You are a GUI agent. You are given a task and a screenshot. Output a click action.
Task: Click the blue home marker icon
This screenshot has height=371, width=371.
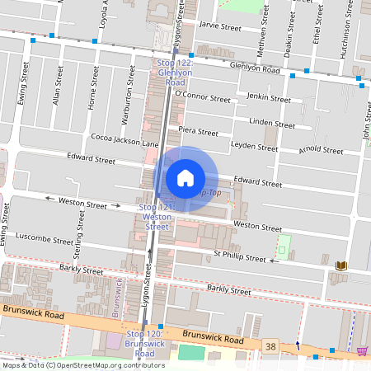click(x=185, y=178)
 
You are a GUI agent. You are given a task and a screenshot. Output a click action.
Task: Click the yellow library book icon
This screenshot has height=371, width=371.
click(x=341, y=265)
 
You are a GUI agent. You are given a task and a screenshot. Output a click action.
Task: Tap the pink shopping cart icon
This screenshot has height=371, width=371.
click(x=361, y=351)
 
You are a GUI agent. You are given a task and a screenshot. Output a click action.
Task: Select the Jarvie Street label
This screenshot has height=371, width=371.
click(x=220, y=27)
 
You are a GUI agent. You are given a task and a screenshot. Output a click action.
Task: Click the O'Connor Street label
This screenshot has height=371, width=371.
click(x=205, y=98)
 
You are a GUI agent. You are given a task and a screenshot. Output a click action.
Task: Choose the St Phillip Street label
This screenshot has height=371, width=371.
click(x=240, y=257)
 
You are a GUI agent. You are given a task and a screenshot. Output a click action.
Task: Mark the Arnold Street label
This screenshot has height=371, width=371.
click(x=321, y=151)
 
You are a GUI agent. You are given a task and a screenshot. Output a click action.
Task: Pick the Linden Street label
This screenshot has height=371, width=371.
click(x=271, y=124)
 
